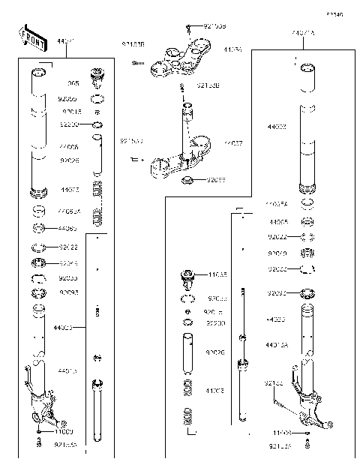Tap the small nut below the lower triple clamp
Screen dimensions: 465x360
point(188,180)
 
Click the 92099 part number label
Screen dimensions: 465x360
point(217,180)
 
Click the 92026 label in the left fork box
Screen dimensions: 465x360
point(69,160)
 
